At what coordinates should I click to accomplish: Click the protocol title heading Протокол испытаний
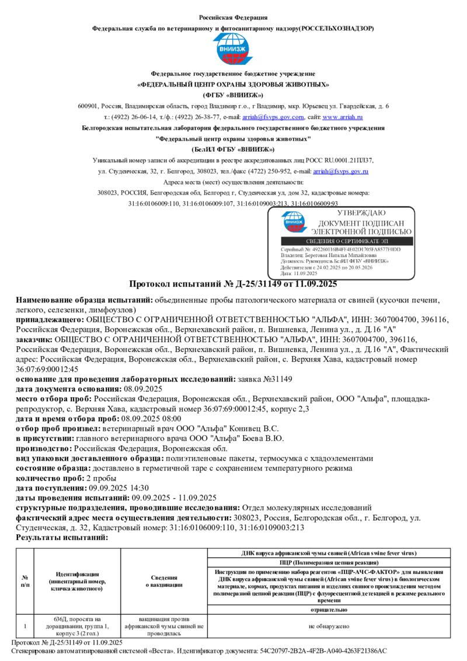click(x=233, y=284)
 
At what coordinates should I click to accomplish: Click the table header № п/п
click(x=25, y=581)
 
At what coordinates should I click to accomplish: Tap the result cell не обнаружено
click(x=328, y=626)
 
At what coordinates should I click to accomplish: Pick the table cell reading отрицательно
click(x=328, y=609)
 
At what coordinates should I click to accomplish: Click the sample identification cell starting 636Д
click(x=77, y=626)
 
